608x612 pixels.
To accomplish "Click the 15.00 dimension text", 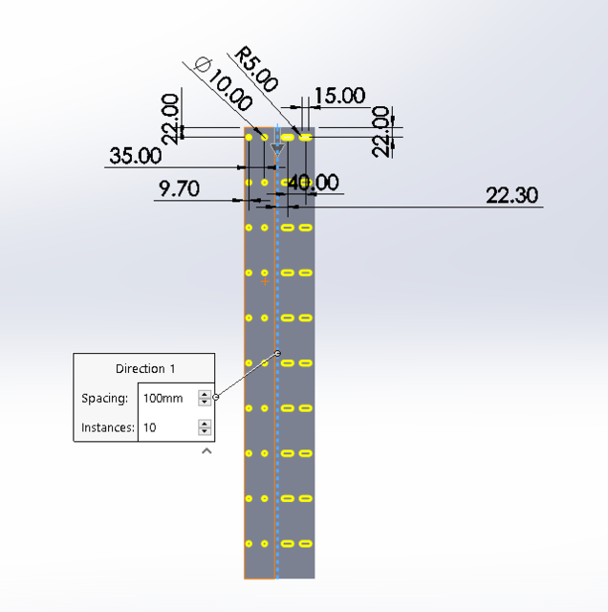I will tap(339, 96).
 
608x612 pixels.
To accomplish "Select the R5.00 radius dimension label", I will tap(255, 70).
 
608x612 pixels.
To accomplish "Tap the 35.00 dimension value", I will tap(135, 156).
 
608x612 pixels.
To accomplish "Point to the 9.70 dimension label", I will tap(179, 188).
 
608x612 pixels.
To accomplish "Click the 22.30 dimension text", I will tap(511, 195).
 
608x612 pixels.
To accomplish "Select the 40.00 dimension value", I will tap(313, 182).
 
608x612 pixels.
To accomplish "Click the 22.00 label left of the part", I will tap(171, 118).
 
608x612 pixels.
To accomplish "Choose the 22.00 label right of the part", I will tap(381, 130).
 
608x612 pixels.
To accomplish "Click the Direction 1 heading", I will tap(145, 368).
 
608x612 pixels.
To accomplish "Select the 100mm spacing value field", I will tap(163, 398).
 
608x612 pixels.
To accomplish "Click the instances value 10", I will tap(150, 427).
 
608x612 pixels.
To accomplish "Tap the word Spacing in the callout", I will tap(104, 398).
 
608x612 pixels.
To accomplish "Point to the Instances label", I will tap(107, 427).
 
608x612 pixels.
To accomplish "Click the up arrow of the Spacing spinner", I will tap(205, 393).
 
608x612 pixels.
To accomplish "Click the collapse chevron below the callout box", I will tap(206, 451).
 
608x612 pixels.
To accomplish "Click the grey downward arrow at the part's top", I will tap(278, 149).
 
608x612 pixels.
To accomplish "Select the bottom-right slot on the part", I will tap(305, 543).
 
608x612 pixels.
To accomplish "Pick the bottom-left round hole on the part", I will tap(249, 543).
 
